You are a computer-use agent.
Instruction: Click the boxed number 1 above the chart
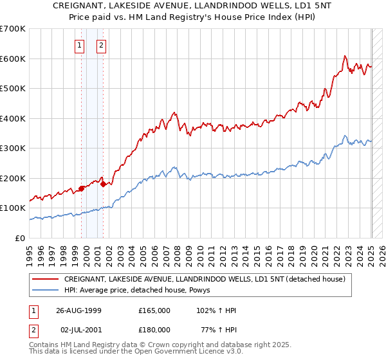[x=79, y=45]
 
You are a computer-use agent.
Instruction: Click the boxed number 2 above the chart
[x=102, y=45]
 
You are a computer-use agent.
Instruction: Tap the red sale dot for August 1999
[x=82, y=188]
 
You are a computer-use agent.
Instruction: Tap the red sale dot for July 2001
[x=103, y=184]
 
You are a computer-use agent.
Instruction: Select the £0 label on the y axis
[x=21, y=238]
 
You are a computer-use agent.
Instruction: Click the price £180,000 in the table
[x=154, y=329]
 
